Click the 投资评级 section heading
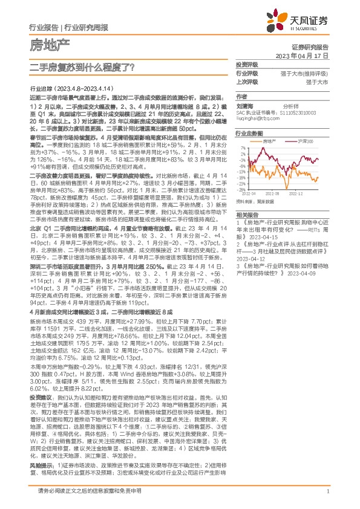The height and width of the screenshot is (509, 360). [246, 64]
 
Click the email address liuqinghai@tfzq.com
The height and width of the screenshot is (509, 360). [260, 118]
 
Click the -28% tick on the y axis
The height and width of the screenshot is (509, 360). [243, 189]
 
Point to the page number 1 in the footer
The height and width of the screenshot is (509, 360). [327, 498]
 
